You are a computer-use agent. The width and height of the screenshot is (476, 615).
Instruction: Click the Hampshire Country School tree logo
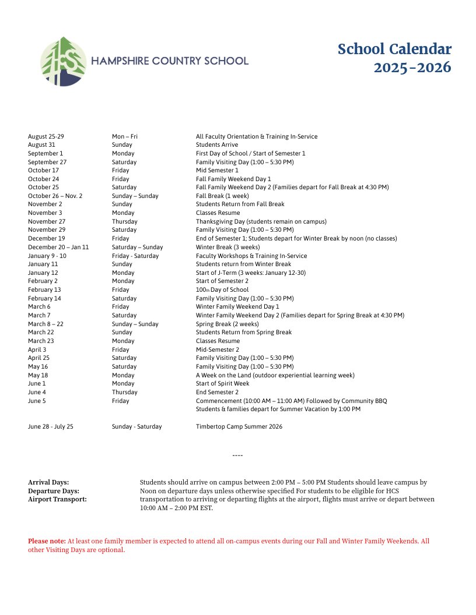click(x=63, y=62)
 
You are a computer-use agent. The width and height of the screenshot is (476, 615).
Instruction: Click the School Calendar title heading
click(x=394, y=50)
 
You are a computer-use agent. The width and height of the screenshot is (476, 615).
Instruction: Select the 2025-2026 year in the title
click(x=412, y=68)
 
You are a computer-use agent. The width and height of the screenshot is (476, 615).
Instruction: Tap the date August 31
click(x=41, y=145)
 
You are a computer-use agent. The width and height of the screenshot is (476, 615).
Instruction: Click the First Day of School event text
click(x=250, y=153)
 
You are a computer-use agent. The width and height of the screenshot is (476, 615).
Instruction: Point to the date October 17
click(x=43, y=171)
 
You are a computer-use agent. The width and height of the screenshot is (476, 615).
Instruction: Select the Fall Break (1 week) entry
click(x=222, y=196)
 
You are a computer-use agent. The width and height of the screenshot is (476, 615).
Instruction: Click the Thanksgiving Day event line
click(x=261, y=221)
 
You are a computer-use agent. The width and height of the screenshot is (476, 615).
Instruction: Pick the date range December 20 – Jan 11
click(x=58, y=247)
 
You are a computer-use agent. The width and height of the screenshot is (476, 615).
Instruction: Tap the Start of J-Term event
click(x=250, y=273)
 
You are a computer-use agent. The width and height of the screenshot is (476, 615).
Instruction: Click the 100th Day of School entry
click(x=222, y=290)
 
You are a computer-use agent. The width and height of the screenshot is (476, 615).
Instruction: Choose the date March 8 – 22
click(x=45, y=324)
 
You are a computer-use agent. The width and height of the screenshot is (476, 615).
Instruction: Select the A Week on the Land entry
click(x=275, y=375)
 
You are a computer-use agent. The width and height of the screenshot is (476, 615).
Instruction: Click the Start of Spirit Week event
click(x=222, y=384)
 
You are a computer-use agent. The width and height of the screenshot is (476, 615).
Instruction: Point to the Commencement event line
click(x=291, y=401)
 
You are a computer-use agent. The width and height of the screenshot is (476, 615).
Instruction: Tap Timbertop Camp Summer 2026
click(x=239, y=426)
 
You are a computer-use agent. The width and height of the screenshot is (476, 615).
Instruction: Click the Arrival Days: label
click(x=48, y=482)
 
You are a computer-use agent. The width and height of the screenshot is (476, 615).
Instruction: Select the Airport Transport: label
click(x=57, y=499)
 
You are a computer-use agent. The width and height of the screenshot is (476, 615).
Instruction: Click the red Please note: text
click(x=47, y=541)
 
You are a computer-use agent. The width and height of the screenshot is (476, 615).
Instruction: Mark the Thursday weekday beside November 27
click(x=124, y=221)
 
